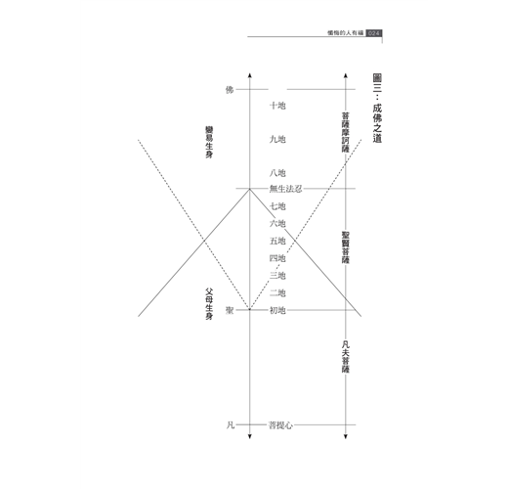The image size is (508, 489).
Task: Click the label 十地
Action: [277, 106]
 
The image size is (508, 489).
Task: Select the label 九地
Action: [277, 139]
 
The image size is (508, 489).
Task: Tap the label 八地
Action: [277, 173]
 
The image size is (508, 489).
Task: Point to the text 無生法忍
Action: [285, 189]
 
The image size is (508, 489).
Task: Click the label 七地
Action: [277, 206]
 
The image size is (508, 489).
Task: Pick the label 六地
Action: [277, 224]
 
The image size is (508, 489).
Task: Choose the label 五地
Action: [277, 241]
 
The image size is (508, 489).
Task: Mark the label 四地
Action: [277, 258]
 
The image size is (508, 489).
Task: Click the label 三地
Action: [277, 276]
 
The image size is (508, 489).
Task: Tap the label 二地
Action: [277, 293]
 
